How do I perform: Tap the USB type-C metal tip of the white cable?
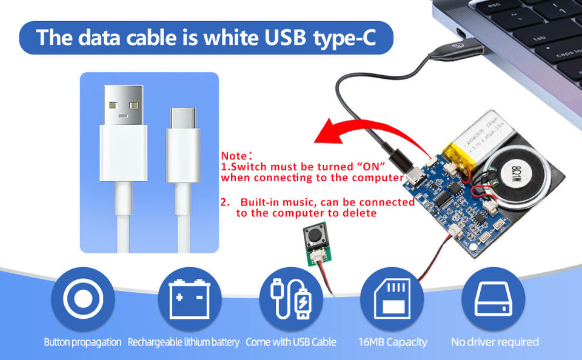183,118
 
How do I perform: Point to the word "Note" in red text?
233,156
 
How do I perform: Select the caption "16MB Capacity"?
392,342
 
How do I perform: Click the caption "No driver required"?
495,342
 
